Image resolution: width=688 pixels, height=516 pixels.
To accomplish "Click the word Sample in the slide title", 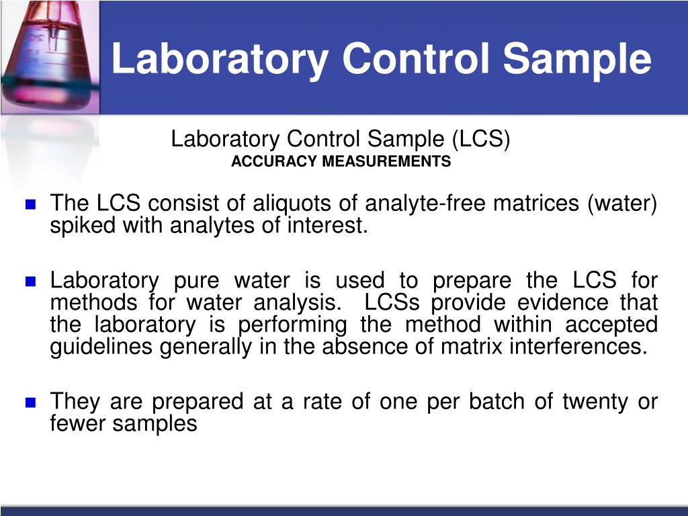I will point(577,59).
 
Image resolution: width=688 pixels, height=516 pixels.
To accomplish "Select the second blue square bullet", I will point(30,282).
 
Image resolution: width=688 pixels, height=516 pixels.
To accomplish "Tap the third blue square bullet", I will point(30,403).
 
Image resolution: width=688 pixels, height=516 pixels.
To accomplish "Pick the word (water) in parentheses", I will point(622,203).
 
